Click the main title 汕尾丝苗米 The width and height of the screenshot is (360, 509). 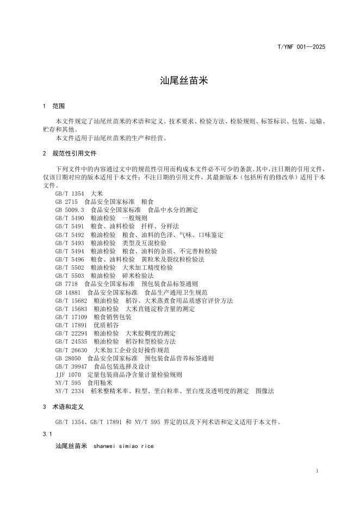pos(180,81)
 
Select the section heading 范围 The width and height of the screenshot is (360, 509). pos(58,106)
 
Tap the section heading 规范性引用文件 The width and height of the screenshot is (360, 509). pos(74,154)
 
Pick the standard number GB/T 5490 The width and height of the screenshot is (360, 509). pos(69,218)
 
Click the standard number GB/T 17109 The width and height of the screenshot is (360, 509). pos(71,316)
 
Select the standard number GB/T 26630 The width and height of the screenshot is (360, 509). pos(71,350)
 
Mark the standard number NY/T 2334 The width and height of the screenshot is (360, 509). pos(70,391)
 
